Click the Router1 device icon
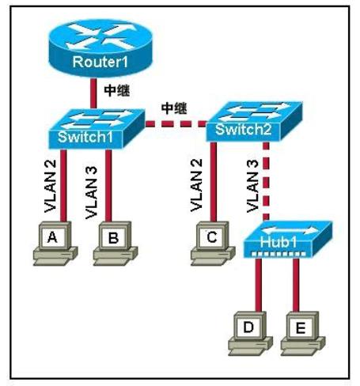point(100,48)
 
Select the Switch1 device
point(97,129)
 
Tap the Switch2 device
point(254,122)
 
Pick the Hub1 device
point(287,240)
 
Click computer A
point(55,243)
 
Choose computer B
point(116,243)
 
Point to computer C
point(213,243)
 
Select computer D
point(250,334)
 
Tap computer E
point(302,334)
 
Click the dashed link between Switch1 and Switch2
point(176,123)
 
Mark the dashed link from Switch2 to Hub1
point(267,181)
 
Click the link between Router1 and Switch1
point(93,93)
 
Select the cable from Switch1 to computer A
point(63,185)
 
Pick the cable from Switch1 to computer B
point(108,185)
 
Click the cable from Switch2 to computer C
point(214,182)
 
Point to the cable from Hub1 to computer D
point(259,285)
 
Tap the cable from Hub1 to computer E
point(296,285)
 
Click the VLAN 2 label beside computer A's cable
point(51,186)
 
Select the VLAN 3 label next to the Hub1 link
point(252,186)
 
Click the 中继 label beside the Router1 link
point(117,91)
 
